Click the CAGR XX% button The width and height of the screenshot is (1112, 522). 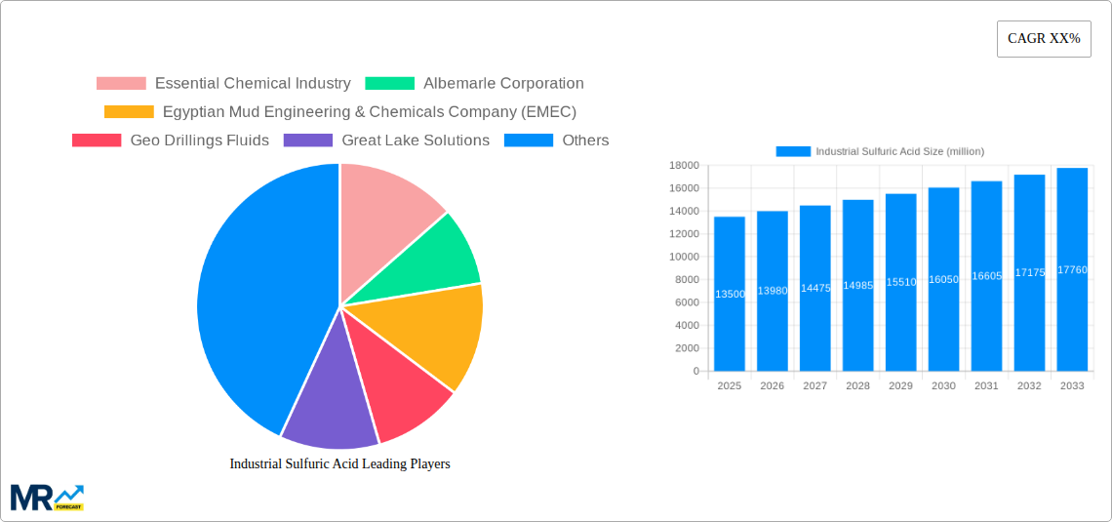(x=1043, y=39)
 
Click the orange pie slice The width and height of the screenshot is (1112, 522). (x=434, y=337)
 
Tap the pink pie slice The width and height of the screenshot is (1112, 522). (x=385, y=210)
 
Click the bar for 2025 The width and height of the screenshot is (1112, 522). (x=729, y=294)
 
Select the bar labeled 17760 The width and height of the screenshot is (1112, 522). (x=1071, y=269)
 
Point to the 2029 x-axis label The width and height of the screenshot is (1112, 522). (x=900, y=386)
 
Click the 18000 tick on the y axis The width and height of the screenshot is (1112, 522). (x=684, y=166)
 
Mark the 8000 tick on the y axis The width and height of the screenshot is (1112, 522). (x=687, y=280)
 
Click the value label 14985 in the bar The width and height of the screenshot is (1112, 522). (x=857, y=286)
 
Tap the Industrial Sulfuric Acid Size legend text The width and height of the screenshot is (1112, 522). (x=899, y=152)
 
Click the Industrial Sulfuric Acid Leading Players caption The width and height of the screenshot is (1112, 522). (x=339, y=464)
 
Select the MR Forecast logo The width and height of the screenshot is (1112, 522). (x=47, y=497)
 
